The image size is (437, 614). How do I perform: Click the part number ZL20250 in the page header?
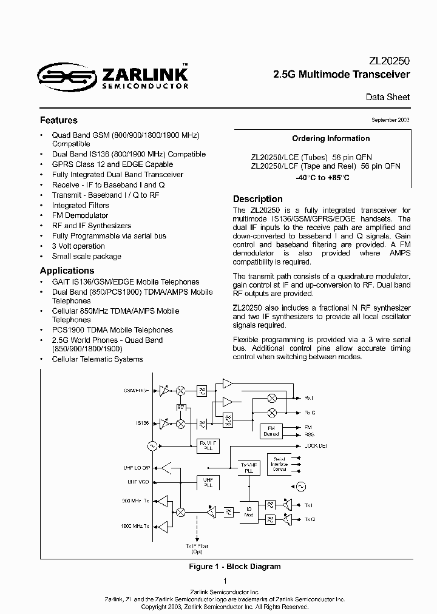coord(390,61)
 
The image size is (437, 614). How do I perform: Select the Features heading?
coord(58,120)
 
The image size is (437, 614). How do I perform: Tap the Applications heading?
coord(67,271)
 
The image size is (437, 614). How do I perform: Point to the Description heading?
coord(258,199)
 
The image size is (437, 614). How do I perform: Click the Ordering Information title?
coord(331,138)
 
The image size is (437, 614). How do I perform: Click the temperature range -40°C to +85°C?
coord(322,178)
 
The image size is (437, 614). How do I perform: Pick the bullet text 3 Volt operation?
coord(78,246)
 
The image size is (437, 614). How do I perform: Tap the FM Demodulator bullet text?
coord(80,215)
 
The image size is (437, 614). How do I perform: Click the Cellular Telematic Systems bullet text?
coord(97,359)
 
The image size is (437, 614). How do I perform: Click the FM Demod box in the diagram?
coord(271,431)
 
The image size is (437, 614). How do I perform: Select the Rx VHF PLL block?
coord(207,446)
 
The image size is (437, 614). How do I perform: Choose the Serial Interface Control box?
coord(279,464)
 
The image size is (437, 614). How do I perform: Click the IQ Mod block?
coord(248,511)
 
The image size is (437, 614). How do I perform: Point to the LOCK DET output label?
coord(315,446)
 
